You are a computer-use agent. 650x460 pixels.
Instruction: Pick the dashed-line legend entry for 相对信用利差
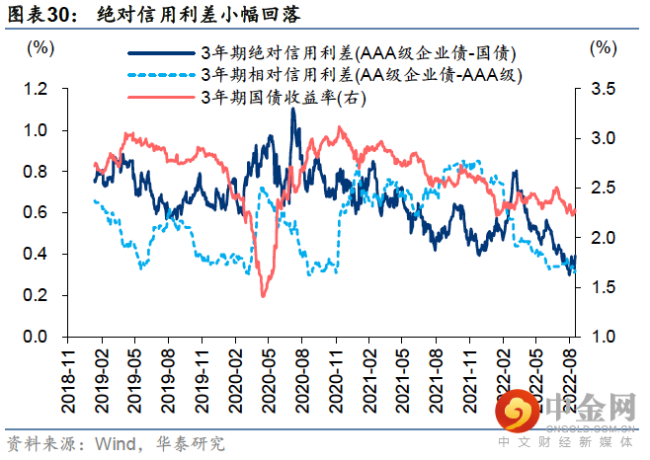click(x=360, y=74)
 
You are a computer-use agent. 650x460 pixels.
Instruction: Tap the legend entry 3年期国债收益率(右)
click(x=283, y=97)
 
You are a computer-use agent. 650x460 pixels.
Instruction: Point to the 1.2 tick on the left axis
click(x=36, y=89)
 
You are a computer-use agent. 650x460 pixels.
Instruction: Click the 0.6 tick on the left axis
click(x=36, y=213)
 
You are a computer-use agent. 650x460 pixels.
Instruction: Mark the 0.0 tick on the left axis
click(x=36, y=337)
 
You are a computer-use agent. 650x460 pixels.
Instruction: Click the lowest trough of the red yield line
click(x=263, y=294)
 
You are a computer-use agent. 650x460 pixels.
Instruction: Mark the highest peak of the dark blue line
click(x=292, y=109)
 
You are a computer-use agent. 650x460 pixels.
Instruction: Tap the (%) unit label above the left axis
click(x=41, y=46)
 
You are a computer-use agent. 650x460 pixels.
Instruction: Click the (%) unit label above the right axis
click(x=601, y=46)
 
